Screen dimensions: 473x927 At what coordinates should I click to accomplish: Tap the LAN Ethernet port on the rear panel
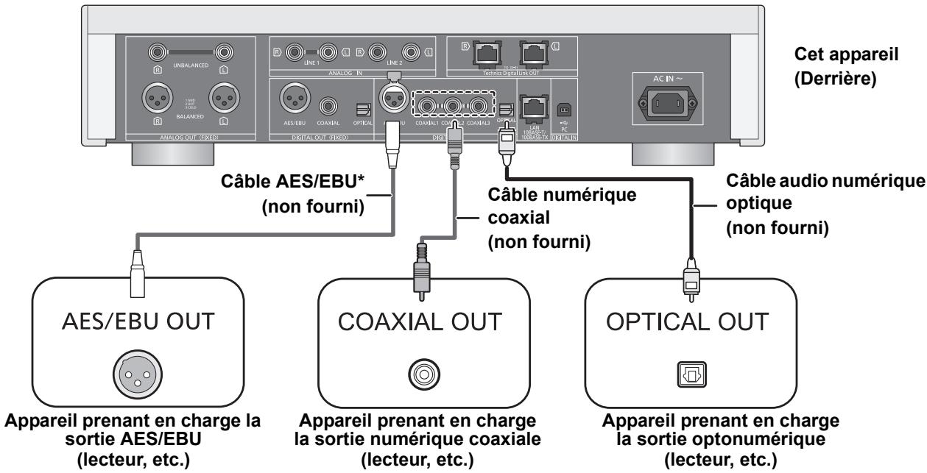(532, 108)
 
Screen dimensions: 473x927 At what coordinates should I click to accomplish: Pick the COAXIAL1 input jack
(428, 107)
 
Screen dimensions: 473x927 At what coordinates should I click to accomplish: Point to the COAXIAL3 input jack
(479, 107)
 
